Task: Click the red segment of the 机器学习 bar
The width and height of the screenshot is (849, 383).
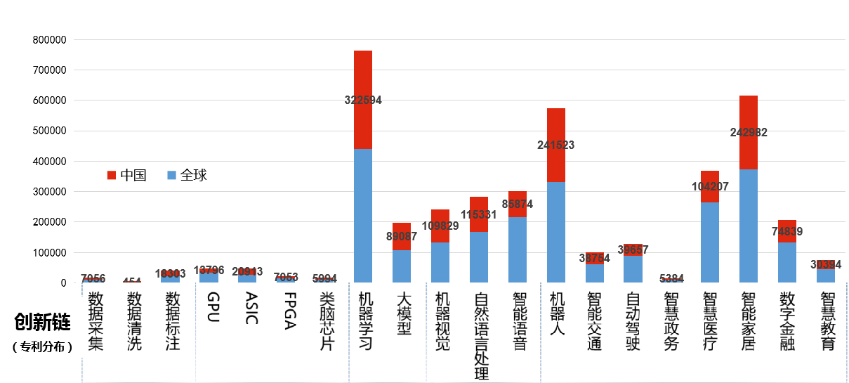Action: [363, 77]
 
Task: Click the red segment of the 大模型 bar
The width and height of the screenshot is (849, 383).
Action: [402, 228]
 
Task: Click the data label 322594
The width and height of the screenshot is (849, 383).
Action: [363, 100]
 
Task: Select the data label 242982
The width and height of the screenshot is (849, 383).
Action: [749, 132]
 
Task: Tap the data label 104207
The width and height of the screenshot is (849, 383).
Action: [710, 187]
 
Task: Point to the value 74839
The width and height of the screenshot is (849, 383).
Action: [787, 231]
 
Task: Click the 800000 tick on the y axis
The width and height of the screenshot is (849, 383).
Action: [49, 40]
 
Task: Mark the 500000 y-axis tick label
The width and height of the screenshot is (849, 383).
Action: [49, 131]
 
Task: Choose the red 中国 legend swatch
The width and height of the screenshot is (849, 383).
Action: [112, 175]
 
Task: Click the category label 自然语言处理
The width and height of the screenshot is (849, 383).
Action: [480, 337]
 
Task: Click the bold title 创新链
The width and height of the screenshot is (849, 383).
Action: [43, 323]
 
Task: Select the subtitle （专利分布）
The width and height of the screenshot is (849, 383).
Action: [43, 346]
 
